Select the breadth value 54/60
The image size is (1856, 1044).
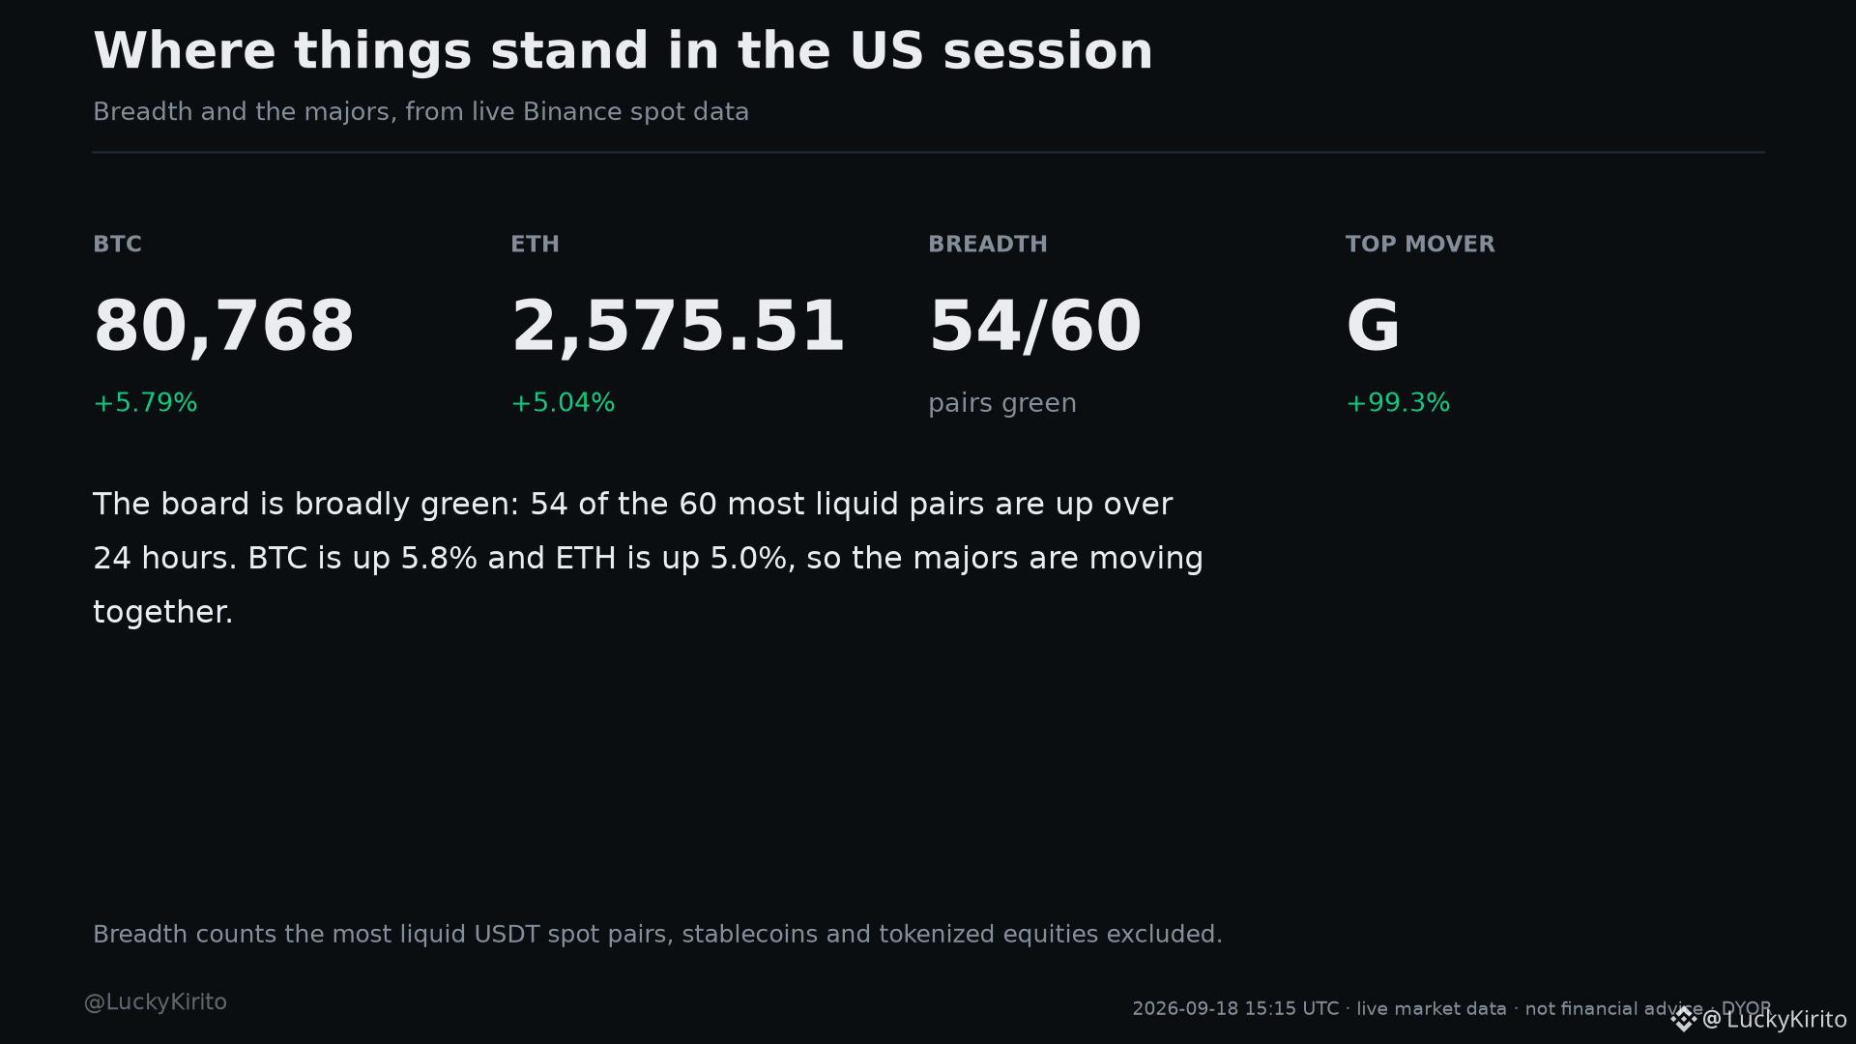tap(1034, 327)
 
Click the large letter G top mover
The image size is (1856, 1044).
tap(1373, 326)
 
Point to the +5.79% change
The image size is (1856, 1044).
tap(145, 403)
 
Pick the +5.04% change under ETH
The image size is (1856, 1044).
tap(563, 403)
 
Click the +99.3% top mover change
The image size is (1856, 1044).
tap(1398, 403)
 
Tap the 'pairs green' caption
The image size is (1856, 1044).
tap(1002, 404)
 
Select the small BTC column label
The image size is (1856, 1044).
tap(117, 245)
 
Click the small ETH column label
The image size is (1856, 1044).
tap(535, 245)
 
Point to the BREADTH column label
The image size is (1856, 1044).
tap(988, 245)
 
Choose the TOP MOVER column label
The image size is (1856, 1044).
tap(1420, 245)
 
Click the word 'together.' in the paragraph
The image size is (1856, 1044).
tap(162, 612)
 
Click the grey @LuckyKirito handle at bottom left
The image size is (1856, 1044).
tap(156, 1002)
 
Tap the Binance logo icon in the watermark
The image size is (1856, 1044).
tap(1684, 1019)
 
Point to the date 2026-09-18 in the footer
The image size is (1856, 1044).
tap(1185, 1009)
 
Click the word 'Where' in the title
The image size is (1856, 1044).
tap(185, 51)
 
